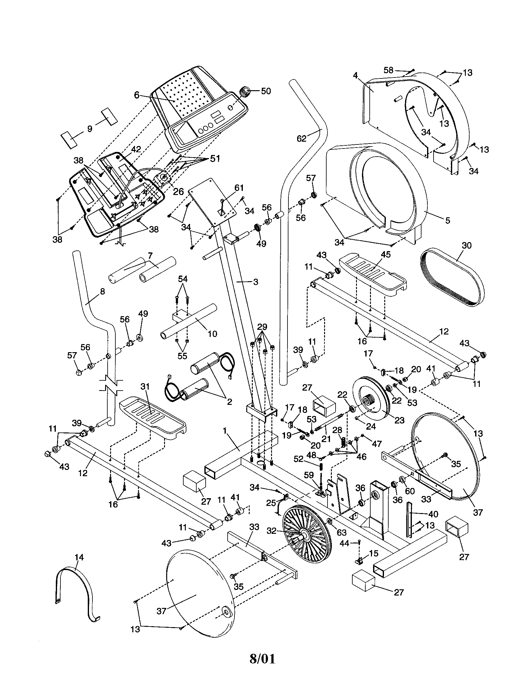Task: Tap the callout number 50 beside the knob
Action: point(266,91)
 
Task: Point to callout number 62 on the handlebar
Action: point(301,138)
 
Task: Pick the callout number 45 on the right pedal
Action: point(386,255)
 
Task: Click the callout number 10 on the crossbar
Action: point(212,334)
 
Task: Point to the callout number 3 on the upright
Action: point(255,282)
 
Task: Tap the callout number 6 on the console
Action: point(136,95)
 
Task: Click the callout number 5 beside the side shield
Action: point(448,220)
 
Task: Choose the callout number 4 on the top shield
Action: point(355,75)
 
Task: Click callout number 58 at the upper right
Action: point(388,70)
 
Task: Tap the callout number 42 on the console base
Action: point(136,149)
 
